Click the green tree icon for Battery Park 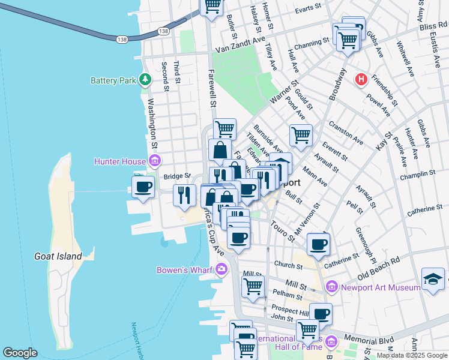[x=145, y=79]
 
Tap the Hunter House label [x=120, y=161]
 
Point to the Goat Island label [x=58, y=256]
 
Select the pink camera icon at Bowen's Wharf [x=222, y=269]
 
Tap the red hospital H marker [x=361, y=79]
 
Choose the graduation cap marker [x=433, y=278]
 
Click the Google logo [x=20, y=352]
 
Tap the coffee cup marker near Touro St [x=318, y=244]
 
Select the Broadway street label [x=337, y=83]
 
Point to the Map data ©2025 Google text [x=411, y=355]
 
